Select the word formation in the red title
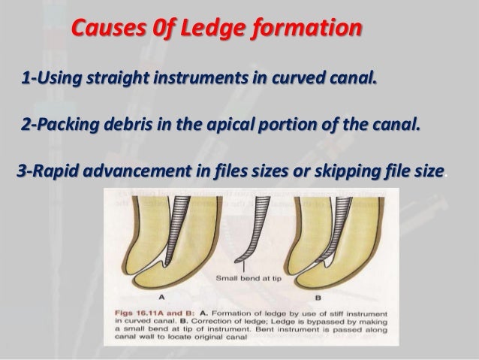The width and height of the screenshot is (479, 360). pos(312,30)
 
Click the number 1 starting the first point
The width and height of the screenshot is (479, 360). pos(26,77)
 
